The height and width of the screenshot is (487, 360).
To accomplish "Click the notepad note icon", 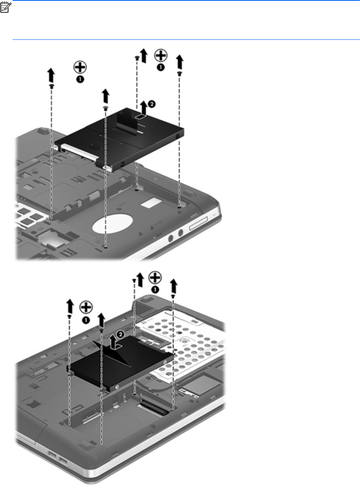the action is coord(5,8).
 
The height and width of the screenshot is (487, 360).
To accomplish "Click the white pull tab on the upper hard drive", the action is coord(140,116).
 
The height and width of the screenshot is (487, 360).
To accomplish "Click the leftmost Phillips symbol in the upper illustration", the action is coord(80,67).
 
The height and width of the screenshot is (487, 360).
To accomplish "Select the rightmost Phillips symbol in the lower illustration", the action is coord(155,277).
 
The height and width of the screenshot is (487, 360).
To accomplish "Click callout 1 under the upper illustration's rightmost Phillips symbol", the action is coord(160,67).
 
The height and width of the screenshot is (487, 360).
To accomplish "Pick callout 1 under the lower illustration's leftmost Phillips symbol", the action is coord(86,320).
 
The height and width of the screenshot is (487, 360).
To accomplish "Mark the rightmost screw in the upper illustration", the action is coord(179,73).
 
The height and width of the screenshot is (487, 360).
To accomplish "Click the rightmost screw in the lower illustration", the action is coord(173,296).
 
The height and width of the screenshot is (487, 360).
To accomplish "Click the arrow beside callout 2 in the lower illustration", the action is coord(114,342).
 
